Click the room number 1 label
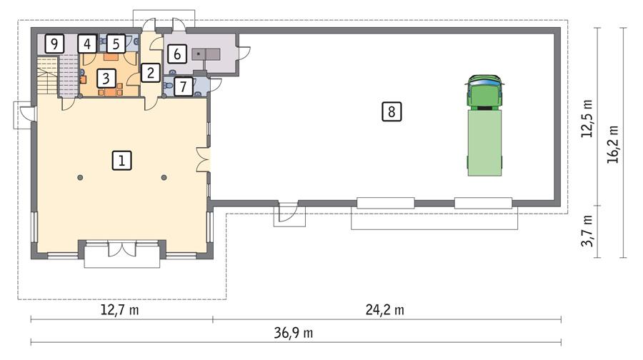122,161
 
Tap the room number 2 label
150,72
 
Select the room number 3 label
105,76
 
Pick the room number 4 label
86,44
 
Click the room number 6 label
177,54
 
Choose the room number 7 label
184,87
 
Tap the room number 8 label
392,111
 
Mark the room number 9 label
54,44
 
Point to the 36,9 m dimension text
293,333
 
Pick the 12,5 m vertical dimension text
587,119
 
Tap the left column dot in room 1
81,177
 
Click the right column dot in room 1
164,177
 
